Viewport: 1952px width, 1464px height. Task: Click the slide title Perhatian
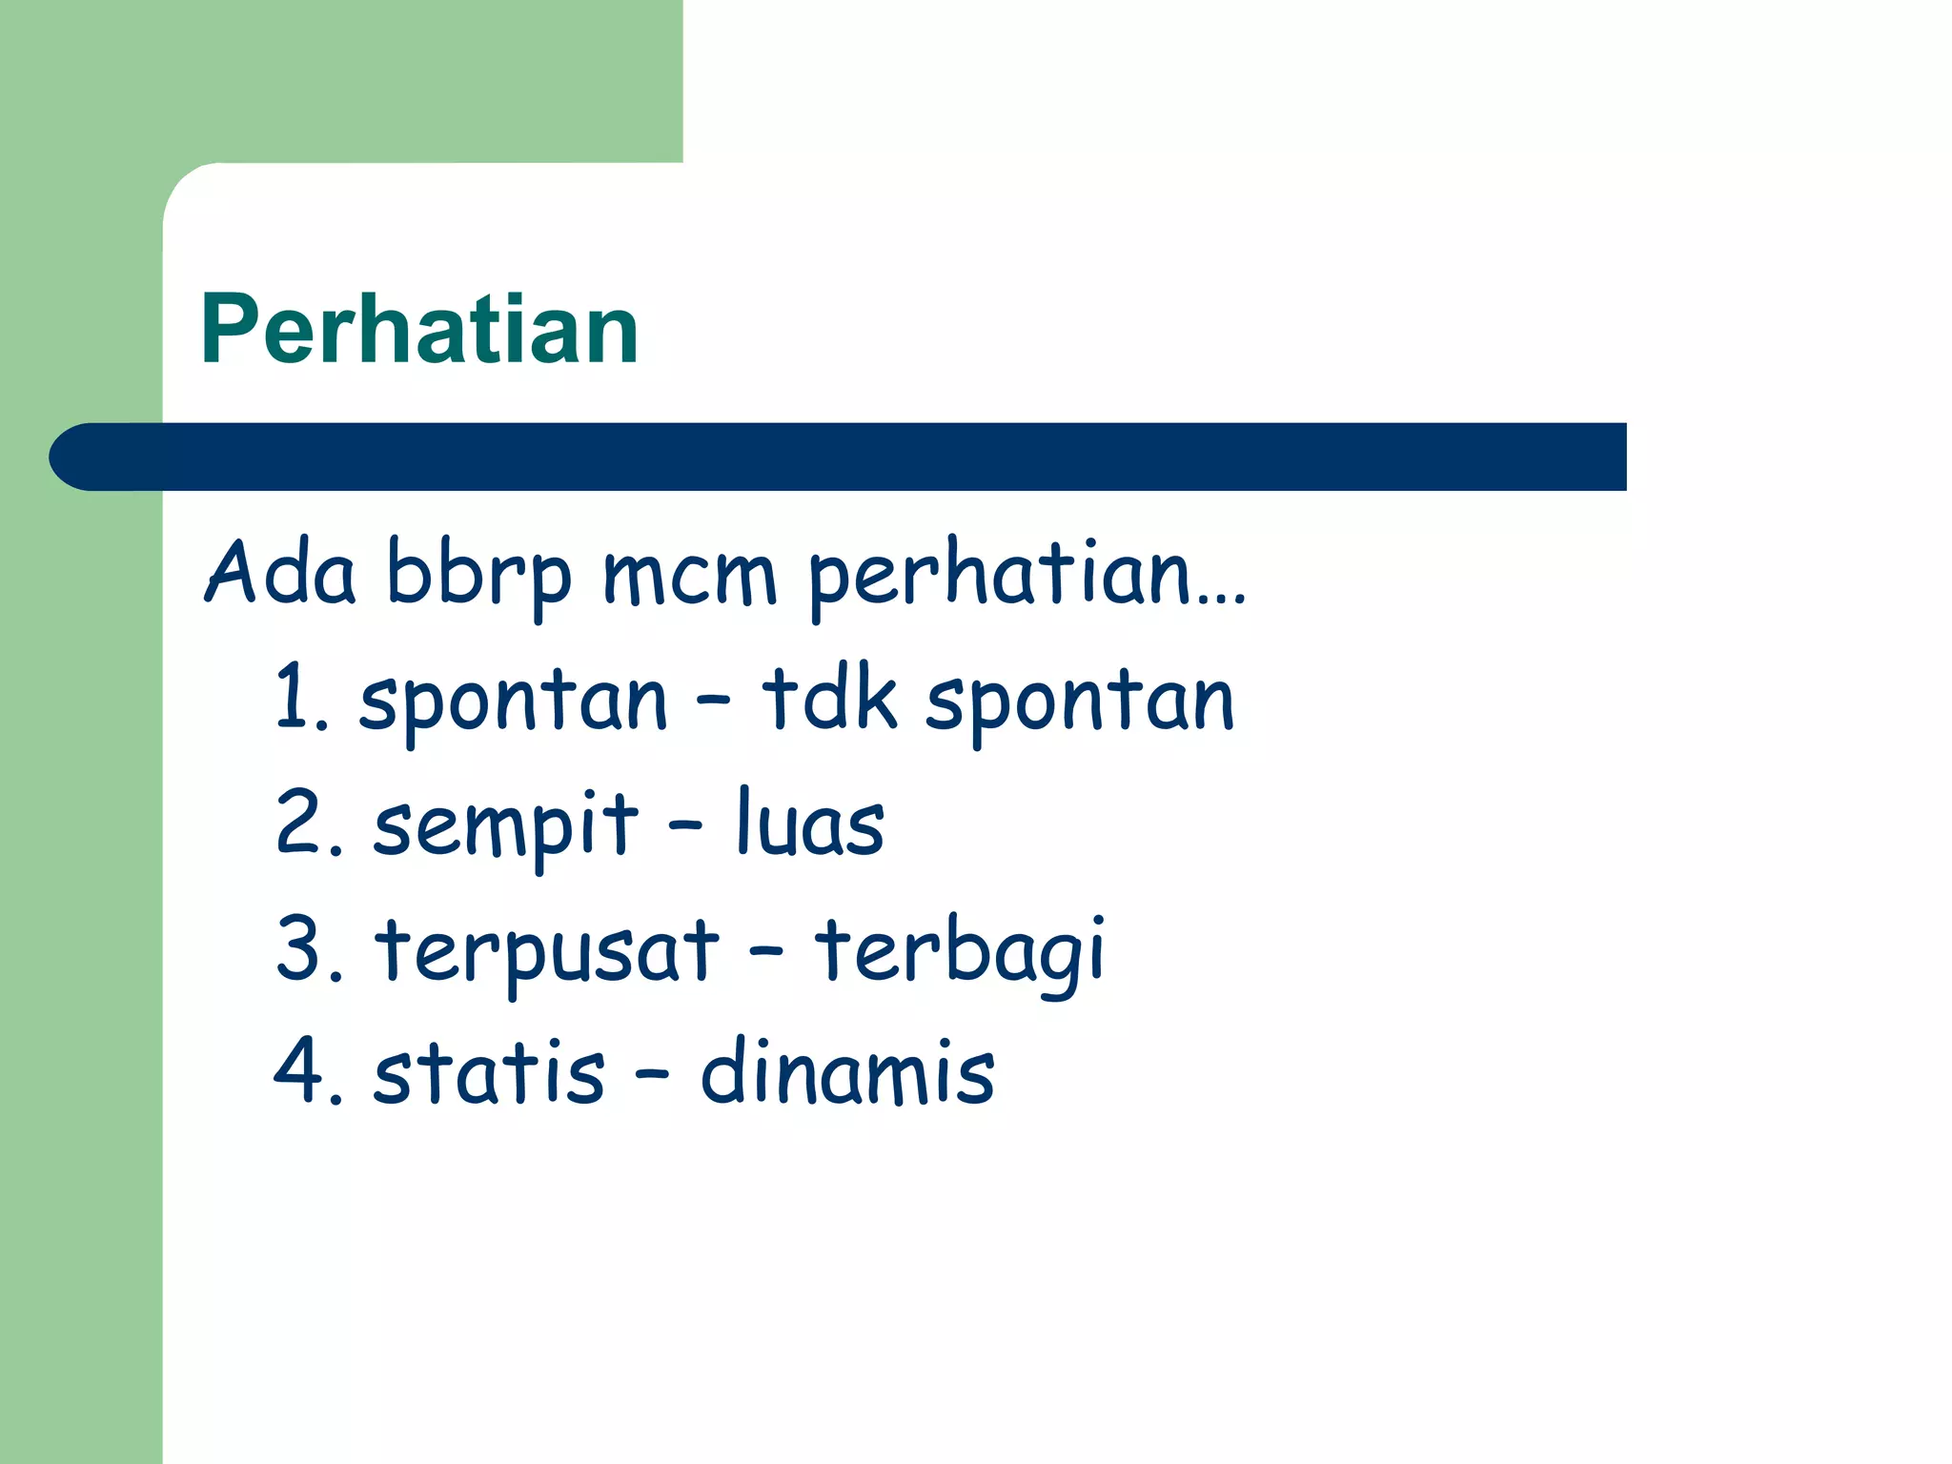coord(419,330)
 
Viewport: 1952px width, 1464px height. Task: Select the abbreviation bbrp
coord(478,578)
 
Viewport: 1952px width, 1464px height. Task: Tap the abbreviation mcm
coord(690,578)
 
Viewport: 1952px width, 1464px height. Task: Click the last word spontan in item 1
coord(1080,703)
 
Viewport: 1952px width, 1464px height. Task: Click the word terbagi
coord(959,951)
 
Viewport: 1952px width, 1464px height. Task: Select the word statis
coord(489,1073)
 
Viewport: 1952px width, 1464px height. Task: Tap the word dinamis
coord(847,1073)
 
